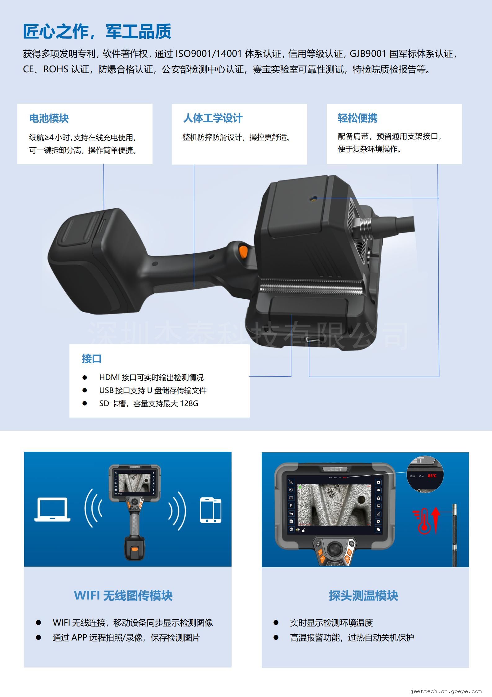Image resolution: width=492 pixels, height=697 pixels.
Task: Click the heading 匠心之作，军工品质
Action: pyautogui.click(x=97, y=31)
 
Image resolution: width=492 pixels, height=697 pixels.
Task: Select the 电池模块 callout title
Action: pyautogui.click(x=49, y=118)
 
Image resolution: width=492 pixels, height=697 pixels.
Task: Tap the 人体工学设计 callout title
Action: pyautogui.click(x=213, y=118)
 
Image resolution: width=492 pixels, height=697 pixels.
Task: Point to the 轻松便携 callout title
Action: pyautogui.click(x=358, y=118)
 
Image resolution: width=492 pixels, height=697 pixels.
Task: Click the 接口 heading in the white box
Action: pyautogui.click(x=92, y=359)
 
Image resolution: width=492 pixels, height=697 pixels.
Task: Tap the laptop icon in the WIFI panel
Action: pyautogui.click(x=52, y=509)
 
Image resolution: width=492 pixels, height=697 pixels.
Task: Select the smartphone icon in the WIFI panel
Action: pyautogui.click(x=211, y=510)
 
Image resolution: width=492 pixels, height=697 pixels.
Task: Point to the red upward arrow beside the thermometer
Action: pyautogui.click(x=436, y=520)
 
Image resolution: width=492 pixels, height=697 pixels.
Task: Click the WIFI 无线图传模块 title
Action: pyautogui.click(x=123, y=595)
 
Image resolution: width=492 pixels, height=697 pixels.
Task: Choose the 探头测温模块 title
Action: pyautogui.click(x=363, y=595)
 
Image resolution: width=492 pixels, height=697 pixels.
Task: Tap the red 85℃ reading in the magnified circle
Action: pyautogui.click(x=432, y=476)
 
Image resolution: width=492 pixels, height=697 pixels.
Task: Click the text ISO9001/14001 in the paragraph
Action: pyautogui.click(x=209, y=54)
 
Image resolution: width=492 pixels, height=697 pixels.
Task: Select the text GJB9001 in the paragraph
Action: pyautogui.click(x=368, y=54)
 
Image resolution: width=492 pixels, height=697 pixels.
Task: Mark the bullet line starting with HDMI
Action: pyautogui.click(x=151, y=378)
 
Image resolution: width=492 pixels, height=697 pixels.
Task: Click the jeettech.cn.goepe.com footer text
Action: pyautogui.click(x=446, y=691)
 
